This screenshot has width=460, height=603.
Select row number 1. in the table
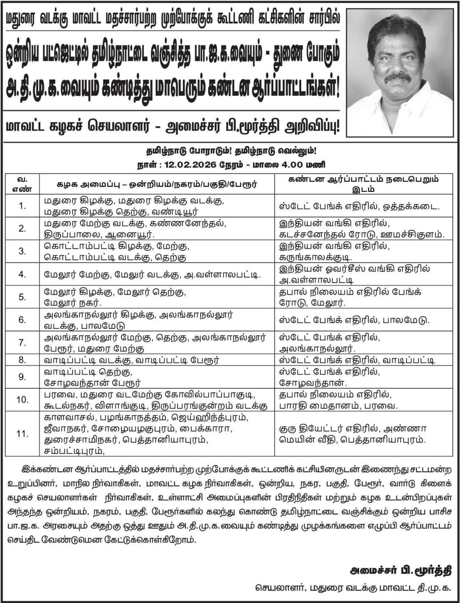click(22, 206)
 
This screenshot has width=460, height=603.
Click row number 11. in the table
click(22, 434)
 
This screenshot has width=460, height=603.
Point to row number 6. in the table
click(22, 320)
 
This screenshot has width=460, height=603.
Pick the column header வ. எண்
click(22, 184)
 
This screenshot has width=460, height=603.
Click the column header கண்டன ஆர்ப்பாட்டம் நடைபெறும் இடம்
click(363, 184)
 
